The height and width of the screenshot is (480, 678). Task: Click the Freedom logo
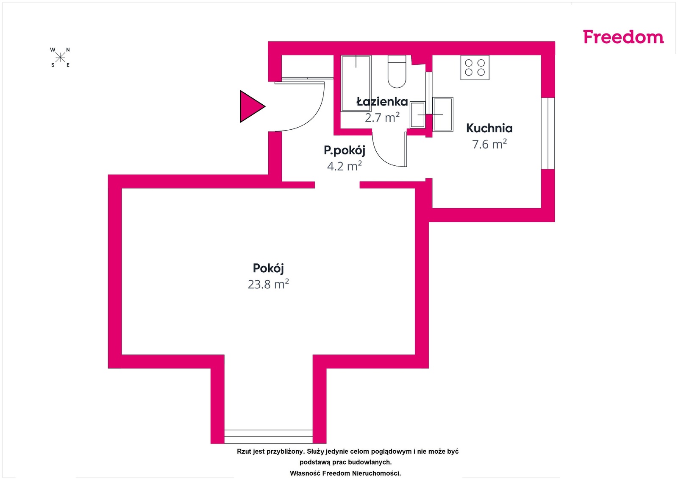point(623,37)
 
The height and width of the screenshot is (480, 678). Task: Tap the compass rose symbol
point(60,57)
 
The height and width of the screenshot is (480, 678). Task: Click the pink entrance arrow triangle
point(253,106)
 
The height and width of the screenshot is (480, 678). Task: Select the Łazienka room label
point(382,101)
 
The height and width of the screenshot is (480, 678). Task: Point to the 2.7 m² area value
point(382,117)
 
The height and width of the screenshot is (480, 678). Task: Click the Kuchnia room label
point(489,128)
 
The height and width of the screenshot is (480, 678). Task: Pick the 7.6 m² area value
point(489,144)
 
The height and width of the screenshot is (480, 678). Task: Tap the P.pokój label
point(345,150)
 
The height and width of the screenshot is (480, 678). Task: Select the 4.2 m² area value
point(345,166)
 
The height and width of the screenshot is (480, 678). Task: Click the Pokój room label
point(268,268)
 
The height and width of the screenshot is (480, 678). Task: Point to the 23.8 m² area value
point(268,284)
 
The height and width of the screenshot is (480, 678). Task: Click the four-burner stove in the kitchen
point(475,67)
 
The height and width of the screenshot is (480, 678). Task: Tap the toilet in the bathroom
point(397,72)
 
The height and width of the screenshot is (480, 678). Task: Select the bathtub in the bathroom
point(356,84)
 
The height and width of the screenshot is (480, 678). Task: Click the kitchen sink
point(443,114)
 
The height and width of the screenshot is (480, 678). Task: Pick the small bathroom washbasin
point(418,115)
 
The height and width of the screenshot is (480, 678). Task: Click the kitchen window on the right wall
point(548,133)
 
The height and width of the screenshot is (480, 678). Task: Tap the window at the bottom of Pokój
point(269,436)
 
